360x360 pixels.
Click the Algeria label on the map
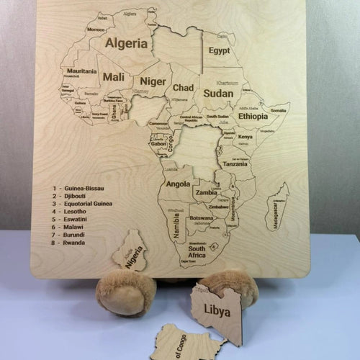coord(127,43)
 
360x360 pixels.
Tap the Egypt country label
coord(219,51)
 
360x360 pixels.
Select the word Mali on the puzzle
coord(113,76)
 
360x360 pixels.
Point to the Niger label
coord(152,81)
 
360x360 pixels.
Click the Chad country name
coord(183,88)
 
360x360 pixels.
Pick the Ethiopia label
coord(253,116)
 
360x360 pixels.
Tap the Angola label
coord(178,184)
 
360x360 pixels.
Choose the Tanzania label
coord(235,164)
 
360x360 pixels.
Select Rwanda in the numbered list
coord(75,243)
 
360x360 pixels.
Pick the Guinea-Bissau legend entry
coord(84,188)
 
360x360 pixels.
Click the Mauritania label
coord(82,71)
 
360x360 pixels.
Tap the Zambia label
coord(206,193)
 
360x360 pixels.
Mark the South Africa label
coord(197,252)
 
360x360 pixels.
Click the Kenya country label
coord(246,137)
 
